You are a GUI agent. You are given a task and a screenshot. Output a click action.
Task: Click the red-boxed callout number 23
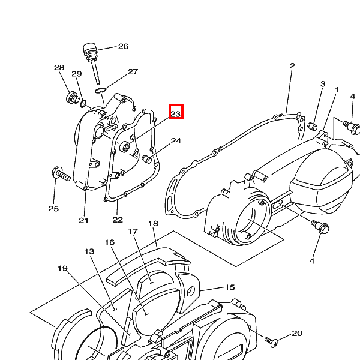click(176, 114)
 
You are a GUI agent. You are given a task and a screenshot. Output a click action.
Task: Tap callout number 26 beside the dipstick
click(123, 46)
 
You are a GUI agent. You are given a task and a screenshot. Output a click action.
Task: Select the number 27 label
click(133, 72)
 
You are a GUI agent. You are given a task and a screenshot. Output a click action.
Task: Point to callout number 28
click(59, 67)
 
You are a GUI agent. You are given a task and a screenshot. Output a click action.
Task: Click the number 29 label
click(77, 74)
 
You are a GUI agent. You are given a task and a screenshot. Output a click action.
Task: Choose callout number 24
click(176, 141)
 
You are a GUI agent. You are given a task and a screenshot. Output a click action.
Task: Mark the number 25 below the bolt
click(54, 208)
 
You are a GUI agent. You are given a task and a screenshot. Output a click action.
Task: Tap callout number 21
click(83, 220)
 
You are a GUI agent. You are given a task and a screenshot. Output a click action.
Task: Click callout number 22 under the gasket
click(118, 220)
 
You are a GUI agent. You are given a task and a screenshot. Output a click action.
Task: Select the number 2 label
click(292, 66)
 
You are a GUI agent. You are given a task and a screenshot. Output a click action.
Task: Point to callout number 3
click(323, 84)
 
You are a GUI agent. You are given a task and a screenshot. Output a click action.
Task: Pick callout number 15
click(230, 287)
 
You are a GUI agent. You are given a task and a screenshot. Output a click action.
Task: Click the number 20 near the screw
click(297, 333)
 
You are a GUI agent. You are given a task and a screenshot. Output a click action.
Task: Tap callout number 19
click(62, 268)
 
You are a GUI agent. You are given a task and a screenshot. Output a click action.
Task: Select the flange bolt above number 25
click(61, 174)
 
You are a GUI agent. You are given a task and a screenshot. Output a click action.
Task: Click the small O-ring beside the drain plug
click(83, 104)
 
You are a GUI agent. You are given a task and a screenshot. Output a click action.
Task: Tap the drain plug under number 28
click(73, 98)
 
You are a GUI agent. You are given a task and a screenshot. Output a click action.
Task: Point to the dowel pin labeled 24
click(147, 159)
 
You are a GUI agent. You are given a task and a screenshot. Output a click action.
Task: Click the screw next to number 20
click(272, 342)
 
